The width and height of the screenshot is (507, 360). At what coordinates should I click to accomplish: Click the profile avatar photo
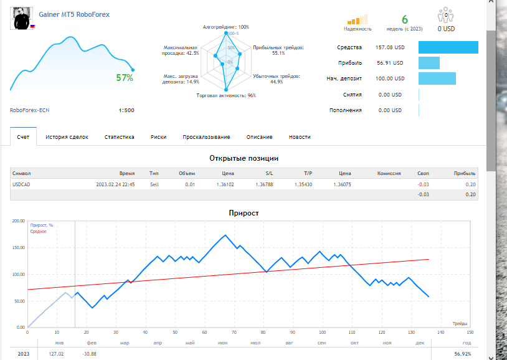tap(22, 19)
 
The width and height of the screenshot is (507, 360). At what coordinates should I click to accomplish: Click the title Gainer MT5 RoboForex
tap(74, 14)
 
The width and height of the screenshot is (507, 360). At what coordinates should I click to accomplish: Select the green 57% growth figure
tap(125, 78)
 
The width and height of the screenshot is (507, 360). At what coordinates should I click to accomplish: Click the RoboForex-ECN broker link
tap(29, 110)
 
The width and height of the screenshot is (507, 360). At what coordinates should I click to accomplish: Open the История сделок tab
tap(67, 137)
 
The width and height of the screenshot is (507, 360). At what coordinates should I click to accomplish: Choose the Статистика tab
tap(120, 137)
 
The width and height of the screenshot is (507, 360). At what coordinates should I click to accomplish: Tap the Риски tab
tap(158, 137)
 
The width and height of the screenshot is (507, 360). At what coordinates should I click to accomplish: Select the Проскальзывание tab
tap(206, 137)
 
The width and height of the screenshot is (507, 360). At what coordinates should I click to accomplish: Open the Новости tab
tap(300, 137)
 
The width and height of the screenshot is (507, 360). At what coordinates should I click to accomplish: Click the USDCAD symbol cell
tap(21, 184)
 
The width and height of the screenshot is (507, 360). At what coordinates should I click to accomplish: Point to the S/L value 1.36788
tap(264, 184)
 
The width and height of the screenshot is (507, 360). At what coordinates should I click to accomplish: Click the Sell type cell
tap(154, 184)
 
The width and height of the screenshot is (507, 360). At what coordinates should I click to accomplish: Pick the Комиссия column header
tap(389, 173)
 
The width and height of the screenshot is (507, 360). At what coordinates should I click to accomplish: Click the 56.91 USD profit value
tap(390, 63)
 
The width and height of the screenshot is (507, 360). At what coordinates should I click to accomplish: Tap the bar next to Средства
tap(448, 47)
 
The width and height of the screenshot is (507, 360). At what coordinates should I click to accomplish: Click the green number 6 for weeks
tap(404, 20)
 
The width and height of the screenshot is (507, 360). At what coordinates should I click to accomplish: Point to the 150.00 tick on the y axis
tap(19, 248)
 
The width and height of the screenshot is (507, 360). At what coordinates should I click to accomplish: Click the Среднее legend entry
tap(38, 232)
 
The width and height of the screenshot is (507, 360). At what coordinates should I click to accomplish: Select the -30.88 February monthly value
tap(89, 354)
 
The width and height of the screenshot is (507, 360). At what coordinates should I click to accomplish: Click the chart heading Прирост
tap(244, 213)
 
